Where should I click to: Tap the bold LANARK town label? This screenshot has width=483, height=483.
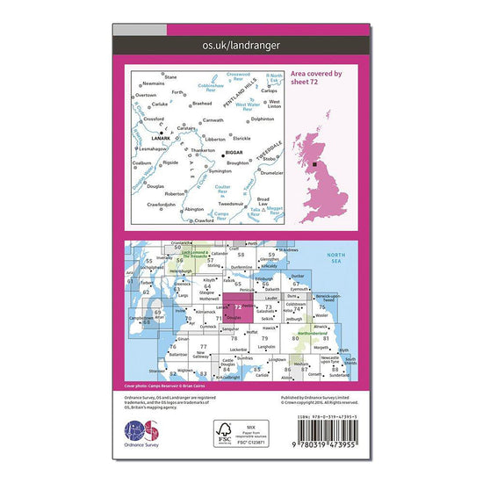click(160, 138)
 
